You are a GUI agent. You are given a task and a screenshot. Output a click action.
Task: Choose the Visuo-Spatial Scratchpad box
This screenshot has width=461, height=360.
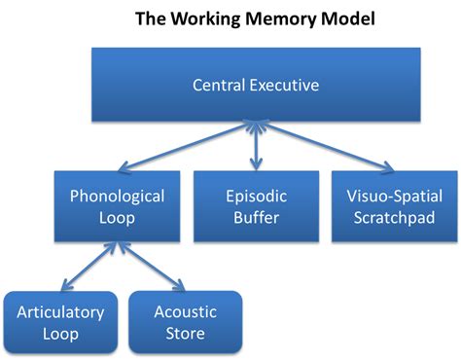coord(394,205)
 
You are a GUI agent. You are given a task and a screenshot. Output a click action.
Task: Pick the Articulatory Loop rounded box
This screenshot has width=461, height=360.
coord(60,322)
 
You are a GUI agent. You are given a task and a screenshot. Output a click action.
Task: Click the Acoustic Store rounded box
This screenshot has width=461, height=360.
coord(186,322)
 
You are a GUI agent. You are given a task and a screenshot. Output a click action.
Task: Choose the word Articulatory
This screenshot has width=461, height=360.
coord(60,312)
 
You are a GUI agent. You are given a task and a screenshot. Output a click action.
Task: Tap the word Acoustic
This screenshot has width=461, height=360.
coord(186,312)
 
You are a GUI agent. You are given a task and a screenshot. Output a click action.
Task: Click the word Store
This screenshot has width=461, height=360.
coord(186,334)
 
